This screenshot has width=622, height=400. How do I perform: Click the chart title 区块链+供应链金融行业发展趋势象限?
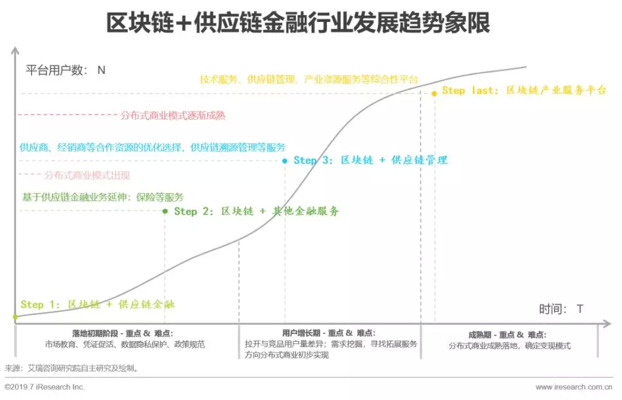pos(298,24)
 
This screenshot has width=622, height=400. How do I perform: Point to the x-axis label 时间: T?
pos(561,309)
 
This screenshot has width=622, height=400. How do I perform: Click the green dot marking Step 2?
pos(165,212)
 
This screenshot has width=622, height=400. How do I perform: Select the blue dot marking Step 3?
pos(285,161)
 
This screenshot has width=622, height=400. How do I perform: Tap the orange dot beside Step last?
pos(434,93)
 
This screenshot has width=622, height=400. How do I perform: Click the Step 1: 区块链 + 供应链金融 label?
pos(97,304)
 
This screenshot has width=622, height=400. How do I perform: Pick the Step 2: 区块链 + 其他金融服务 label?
pos(257,212)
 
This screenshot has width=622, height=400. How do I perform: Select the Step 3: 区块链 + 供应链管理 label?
pos(370,160)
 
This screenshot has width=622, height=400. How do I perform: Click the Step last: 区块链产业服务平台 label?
pos(524,90)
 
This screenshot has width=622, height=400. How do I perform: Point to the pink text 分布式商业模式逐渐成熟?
pos(173,115)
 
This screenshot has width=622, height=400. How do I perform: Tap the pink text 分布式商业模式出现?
pos(87,175)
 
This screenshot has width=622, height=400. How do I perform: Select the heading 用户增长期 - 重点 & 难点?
pos(329,333)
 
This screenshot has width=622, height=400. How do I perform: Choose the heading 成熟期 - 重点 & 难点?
pos(507,335)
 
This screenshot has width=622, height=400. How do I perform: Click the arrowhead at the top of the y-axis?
pos(14,50)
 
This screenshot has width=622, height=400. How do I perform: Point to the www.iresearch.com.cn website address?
pos(574,387)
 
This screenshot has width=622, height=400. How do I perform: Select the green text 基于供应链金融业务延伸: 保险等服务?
pos(103,197)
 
